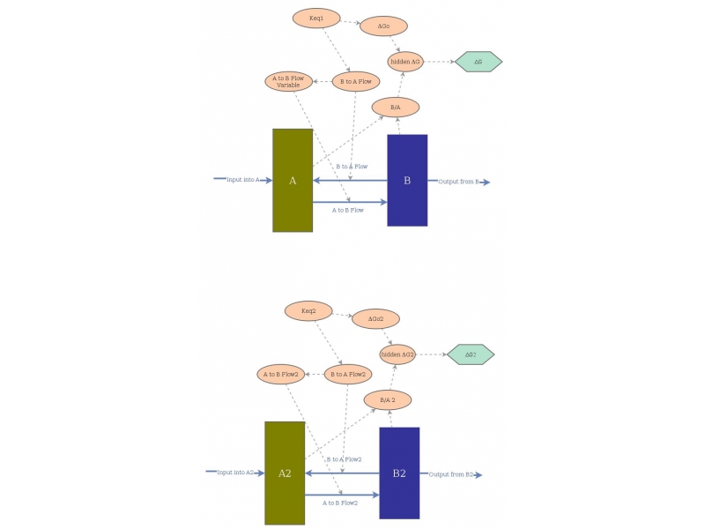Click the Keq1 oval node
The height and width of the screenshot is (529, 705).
tap(316, 19)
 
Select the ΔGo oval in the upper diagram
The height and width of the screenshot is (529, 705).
tap(384, 26)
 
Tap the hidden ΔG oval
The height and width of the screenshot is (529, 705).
tap(405, 62)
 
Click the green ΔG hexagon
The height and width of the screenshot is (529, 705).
tap(479, 62)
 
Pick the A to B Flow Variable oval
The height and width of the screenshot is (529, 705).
tap(288, 81)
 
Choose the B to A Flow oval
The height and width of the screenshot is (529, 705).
tap(355, 81)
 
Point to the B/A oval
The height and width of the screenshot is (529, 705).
tap(395, 108)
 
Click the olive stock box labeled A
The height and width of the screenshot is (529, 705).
tap(293, 181)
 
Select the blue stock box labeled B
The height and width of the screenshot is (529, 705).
tap(407, 181)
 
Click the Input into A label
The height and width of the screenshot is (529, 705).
tap(243, 180)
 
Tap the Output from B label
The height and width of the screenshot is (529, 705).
tap(458, 182)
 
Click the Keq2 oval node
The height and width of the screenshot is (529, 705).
tap(308, 310)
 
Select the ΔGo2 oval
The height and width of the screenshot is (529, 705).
tap(375, 318)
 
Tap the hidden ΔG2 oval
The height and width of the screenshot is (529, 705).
tap(397, 354)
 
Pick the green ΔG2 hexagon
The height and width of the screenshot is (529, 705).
tap(471, 354)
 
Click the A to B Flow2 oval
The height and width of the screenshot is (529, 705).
tap(280, 374)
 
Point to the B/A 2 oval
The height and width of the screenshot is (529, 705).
tap(387, 400)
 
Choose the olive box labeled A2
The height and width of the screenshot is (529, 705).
tap(285, 473)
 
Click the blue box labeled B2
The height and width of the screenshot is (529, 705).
tap(399, 473)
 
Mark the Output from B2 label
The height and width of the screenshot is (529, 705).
tap(451, 474)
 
